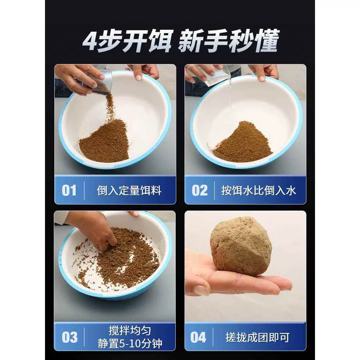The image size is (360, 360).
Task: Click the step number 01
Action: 69,190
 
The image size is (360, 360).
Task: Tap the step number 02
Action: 199,190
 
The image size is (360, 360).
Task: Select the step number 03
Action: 69,337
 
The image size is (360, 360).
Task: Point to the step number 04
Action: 198,337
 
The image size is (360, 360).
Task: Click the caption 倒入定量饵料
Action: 129,190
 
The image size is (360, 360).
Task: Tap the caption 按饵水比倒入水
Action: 259,190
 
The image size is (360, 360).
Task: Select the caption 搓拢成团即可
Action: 257,338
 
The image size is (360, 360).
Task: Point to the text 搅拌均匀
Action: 130,331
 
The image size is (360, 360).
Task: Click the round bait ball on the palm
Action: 241,246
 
